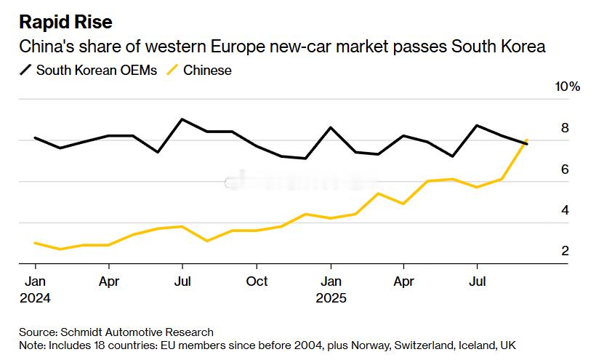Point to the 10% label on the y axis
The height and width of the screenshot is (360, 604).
coord(568,87)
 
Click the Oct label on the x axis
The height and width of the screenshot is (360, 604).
coord(256,281)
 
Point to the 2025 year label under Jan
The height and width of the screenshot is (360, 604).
coord(331,297)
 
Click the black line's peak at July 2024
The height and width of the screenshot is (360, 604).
coord(182,119)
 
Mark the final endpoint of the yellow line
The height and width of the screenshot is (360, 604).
coord(526,140)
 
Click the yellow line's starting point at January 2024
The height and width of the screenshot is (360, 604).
coord(35,243)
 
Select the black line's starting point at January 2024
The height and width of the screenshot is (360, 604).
coord(35,137)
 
